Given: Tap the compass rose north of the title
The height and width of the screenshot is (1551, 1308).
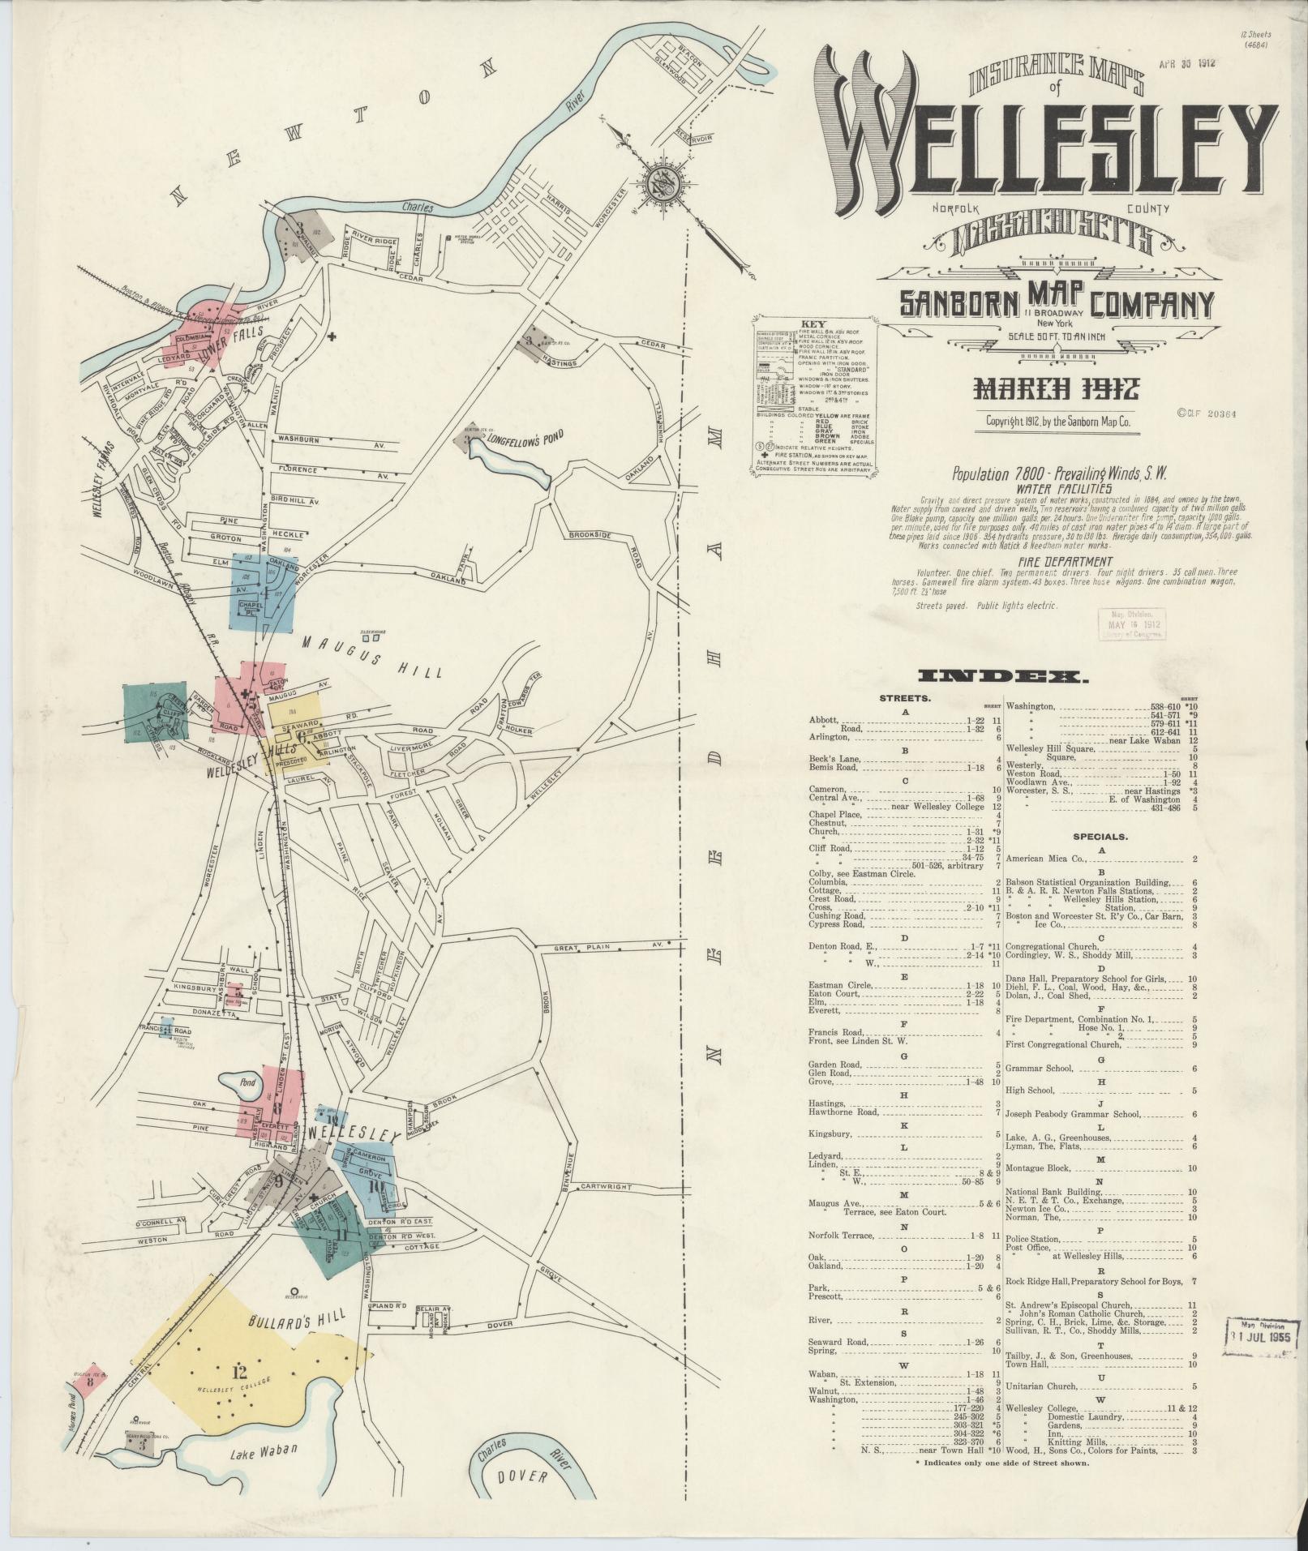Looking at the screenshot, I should (x=665, y=184).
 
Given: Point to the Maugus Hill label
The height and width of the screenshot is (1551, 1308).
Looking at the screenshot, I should (x=372, y=657).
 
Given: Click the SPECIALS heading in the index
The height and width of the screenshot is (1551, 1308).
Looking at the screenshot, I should (x=1100, y=836).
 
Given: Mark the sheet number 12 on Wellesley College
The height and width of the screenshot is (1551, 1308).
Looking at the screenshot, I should (x=238, y=1373).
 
